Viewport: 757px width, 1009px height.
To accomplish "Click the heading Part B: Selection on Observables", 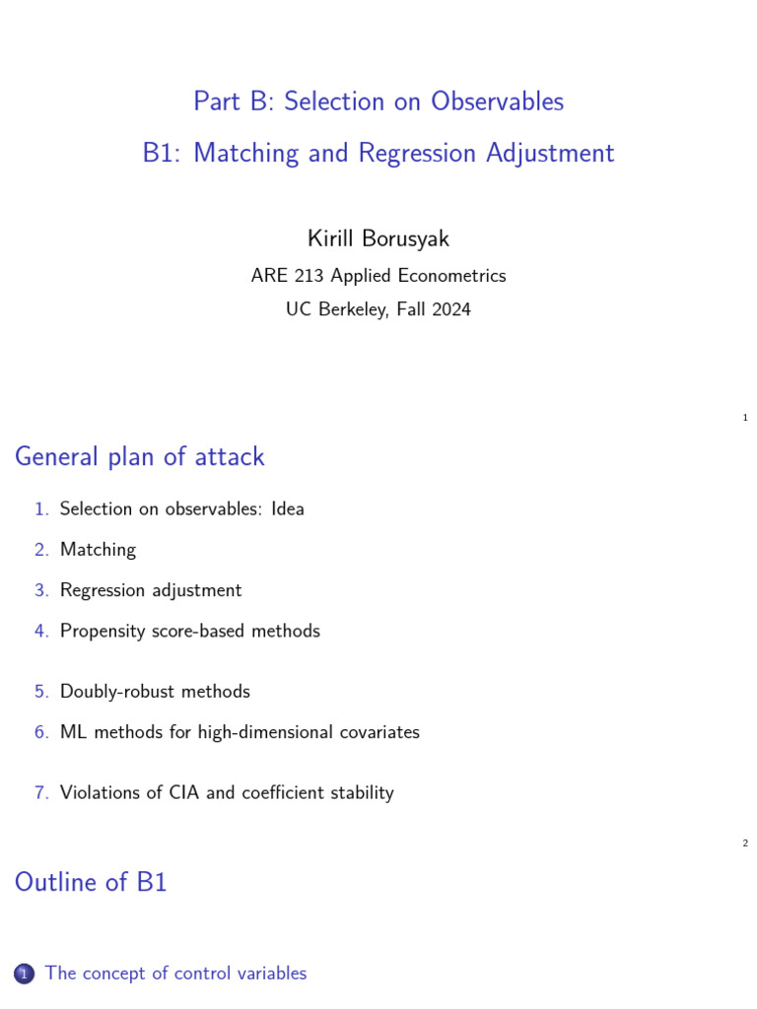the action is point(378,101).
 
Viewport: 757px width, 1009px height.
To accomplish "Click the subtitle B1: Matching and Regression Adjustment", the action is point(378,153).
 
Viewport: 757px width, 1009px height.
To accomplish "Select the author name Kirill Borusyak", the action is point(378,238).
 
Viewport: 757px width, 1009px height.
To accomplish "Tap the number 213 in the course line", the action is point(310,276).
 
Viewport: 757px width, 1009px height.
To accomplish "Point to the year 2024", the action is point(450,309).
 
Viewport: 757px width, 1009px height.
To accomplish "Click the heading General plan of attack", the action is point(139,456).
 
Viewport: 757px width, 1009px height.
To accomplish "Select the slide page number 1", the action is point(745,418).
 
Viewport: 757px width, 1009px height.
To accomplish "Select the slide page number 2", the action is point(745,843).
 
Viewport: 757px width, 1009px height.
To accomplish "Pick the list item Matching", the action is point(98,550).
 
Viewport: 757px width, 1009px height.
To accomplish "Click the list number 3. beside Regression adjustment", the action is point(41,590).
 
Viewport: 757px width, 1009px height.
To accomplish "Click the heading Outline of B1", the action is point(91,882).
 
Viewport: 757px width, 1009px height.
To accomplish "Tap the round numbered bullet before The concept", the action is point(25,975).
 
